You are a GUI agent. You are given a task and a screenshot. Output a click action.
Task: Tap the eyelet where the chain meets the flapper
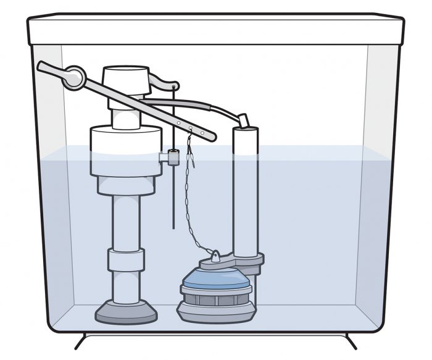tap(216, 254)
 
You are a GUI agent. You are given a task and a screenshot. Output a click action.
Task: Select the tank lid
tap(215, 30)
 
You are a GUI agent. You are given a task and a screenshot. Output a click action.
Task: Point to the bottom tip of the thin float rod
tap(174, 227)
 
